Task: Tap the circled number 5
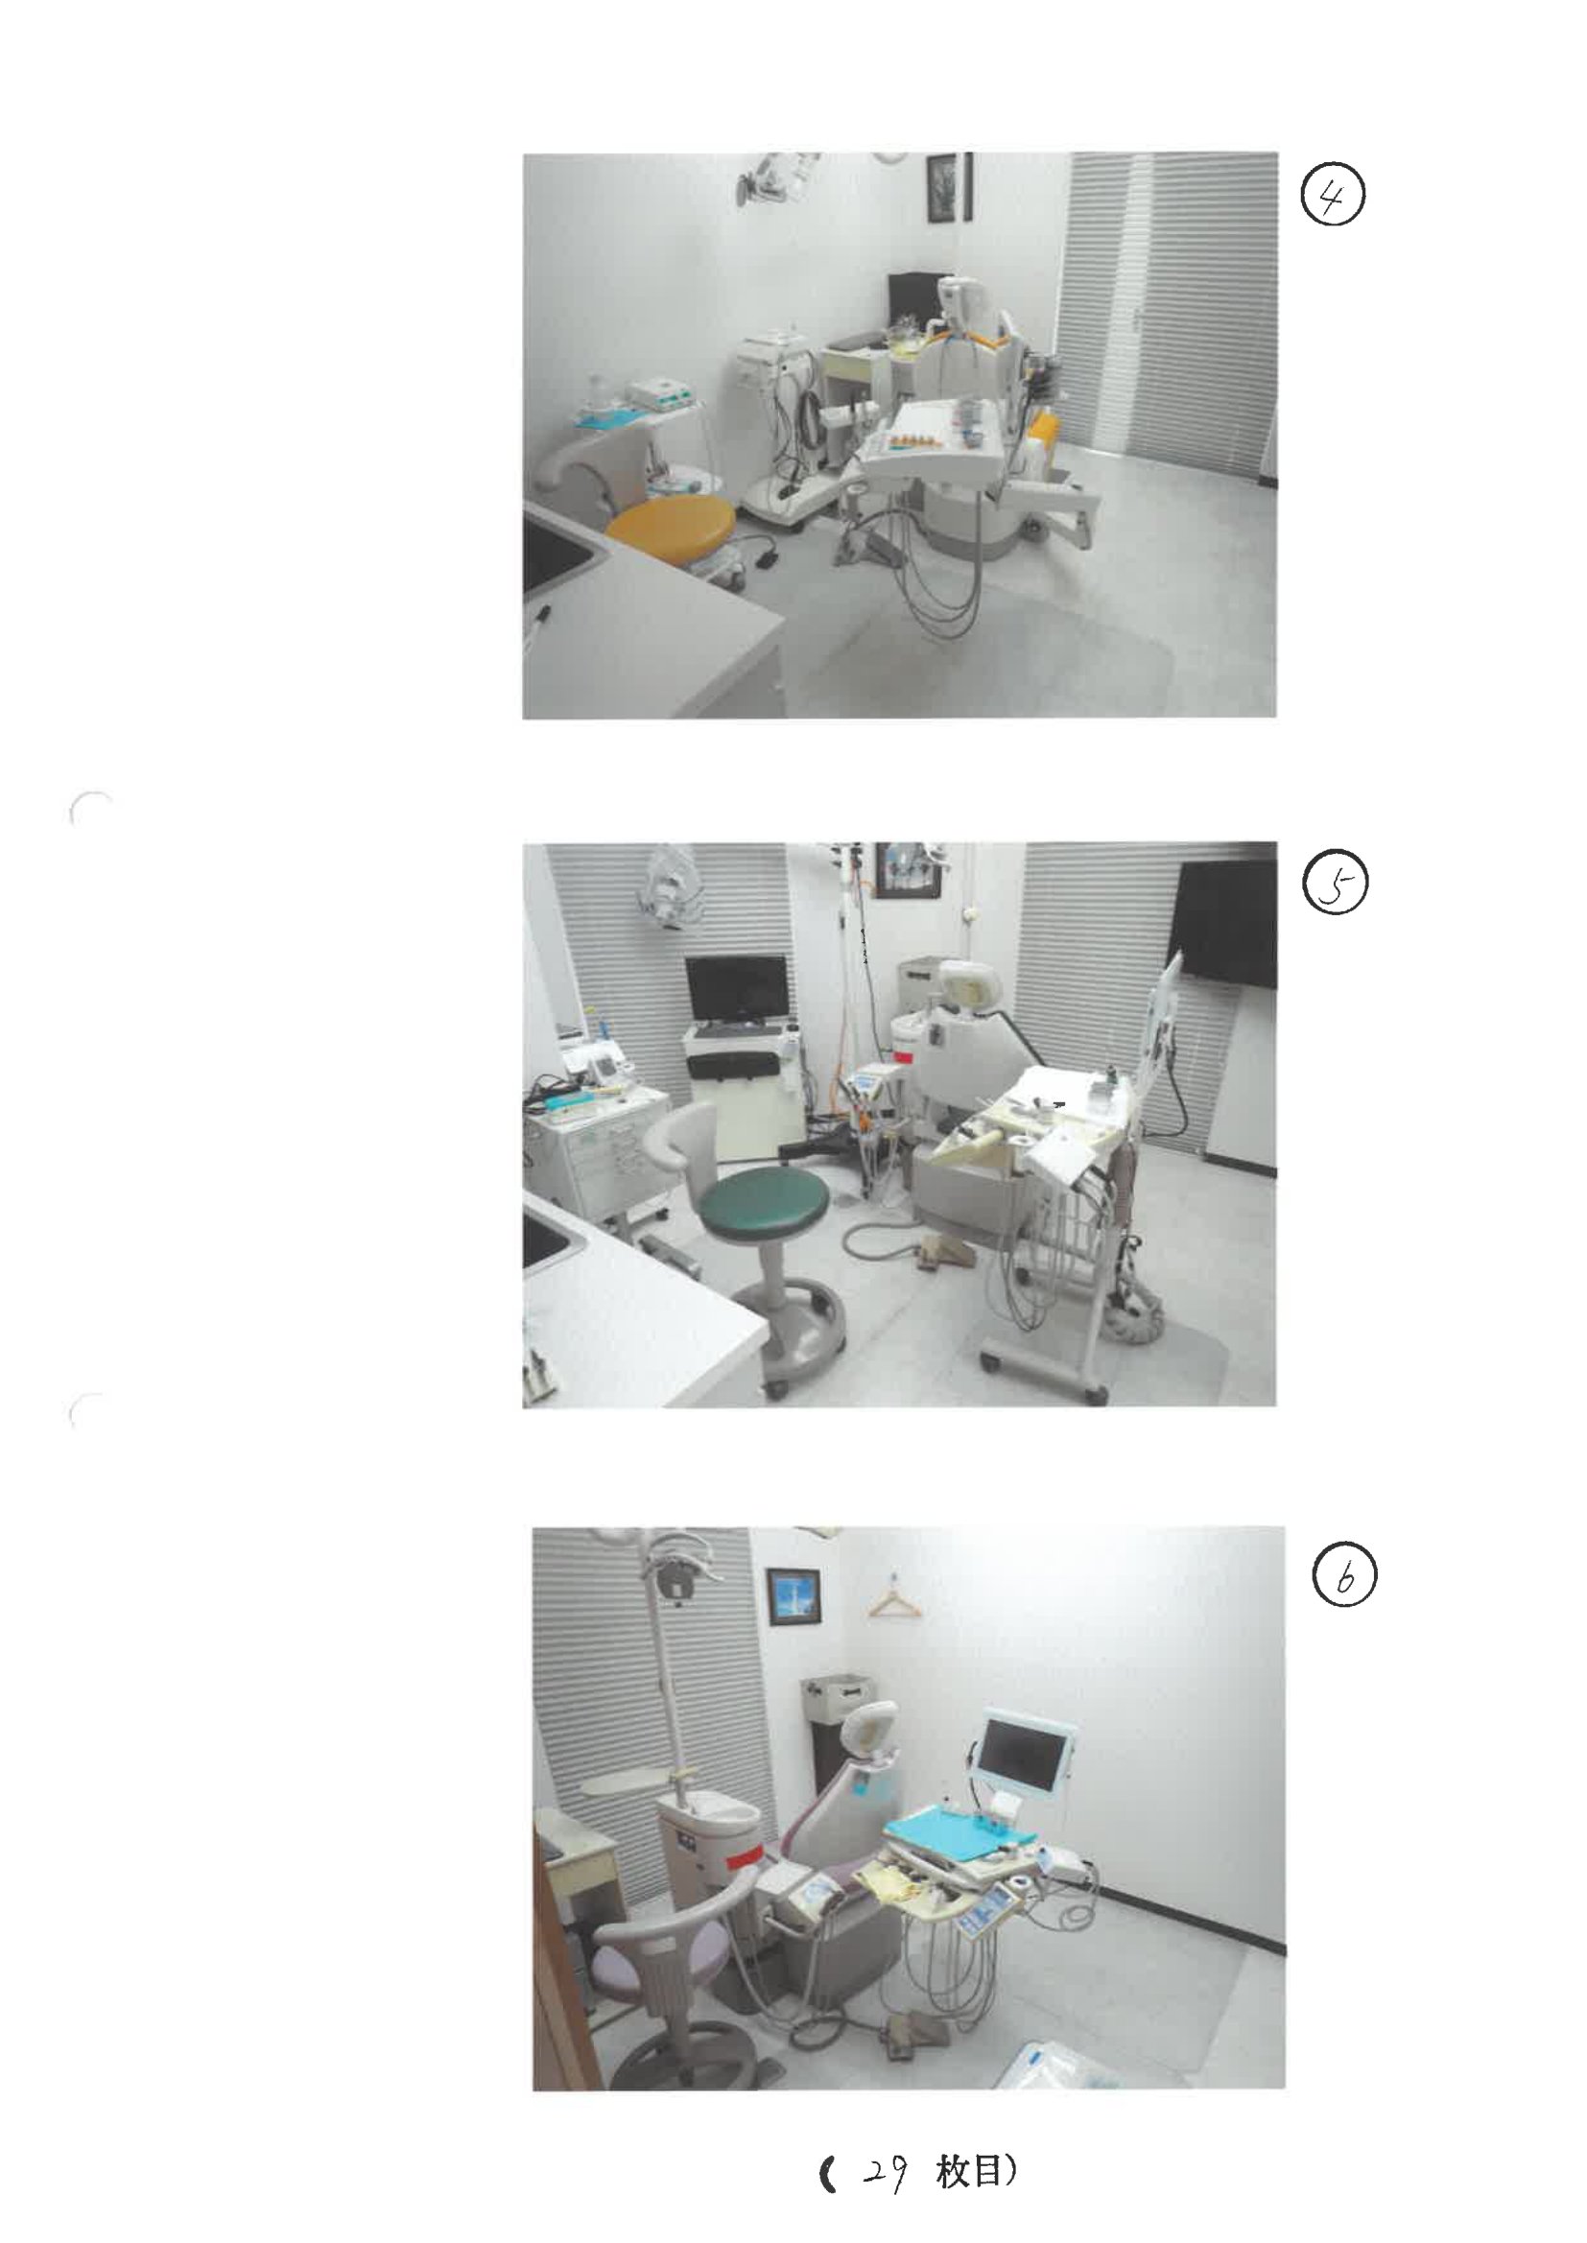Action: pyautogui.click(x=1336, y=885)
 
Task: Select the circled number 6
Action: pyautogui.click(x=1344, y=1578)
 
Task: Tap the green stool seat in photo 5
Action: pyautogui.click(x=764, y=1207)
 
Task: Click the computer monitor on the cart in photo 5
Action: pyautogui.click(x=736, y=989)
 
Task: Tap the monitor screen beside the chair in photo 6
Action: pyautogui.click(x=1027, y=1754)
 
